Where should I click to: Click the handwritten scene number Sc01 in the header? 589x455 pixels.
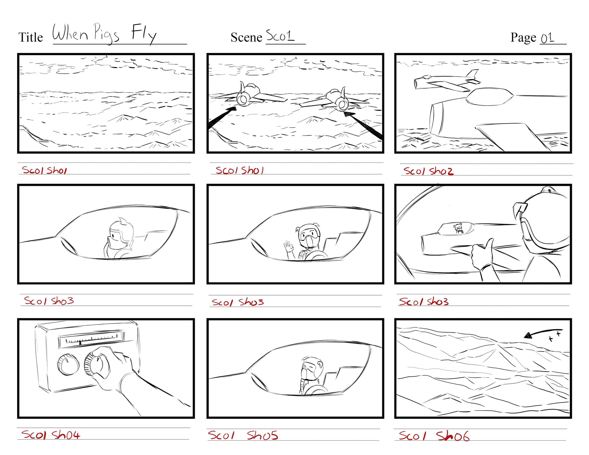pos(280,36)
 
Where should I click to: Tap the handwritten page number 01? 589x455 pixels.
pos(548,38)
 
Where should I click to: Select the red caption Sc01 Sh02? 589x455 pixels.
pos(428,171)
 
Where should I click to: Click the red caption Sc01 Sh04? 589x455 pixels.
pos(51,435)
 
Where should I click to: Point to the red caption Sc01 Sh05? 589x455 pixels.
pos(243,435)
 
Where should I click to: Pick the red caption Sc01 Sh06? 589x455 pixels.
pos(434,436)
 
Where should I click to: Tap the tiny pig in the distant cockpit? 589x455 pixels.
pos(458,228)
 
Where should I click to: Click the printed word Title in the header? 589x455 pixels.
pos(31,37)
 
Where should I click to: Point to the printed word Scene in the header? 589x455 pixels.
pos(246,37)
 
